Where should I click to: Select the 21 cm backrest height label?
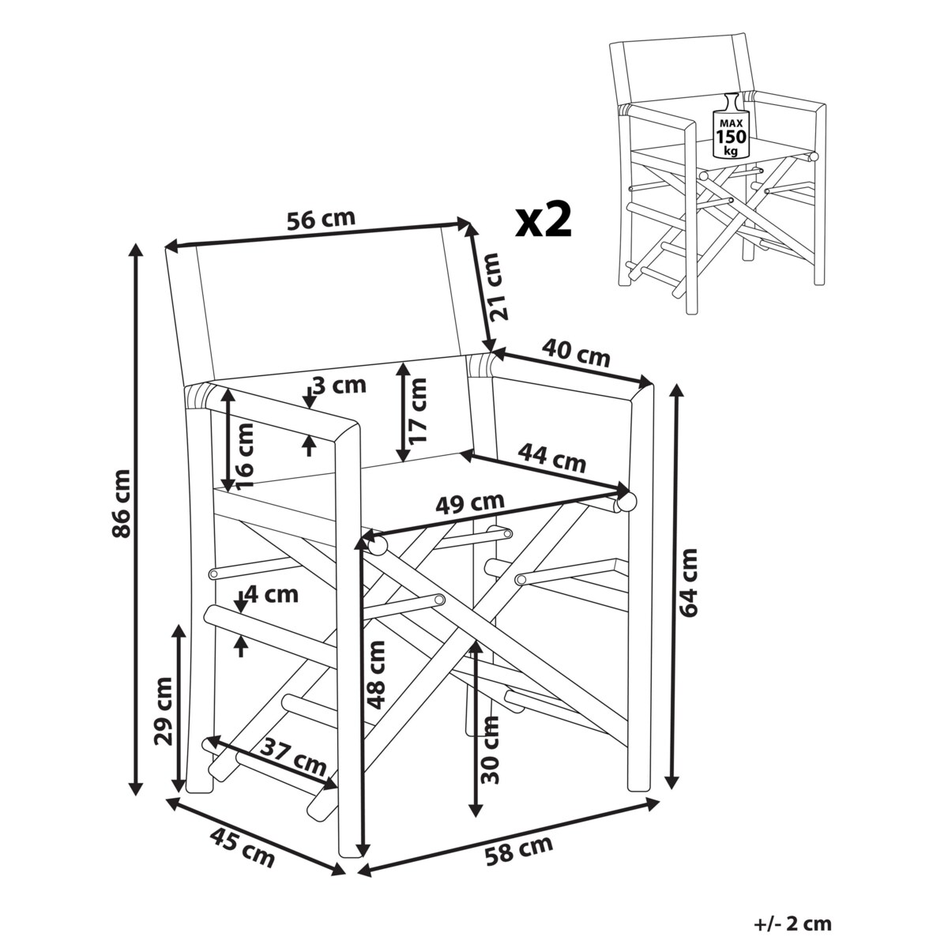click(x=495, y=286)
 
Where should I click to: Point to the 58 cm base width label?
click(x=520, y=849)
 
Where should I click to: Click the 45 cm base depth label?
click(x=243, y=847)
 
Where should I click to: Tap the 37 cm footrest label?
click(x=294, y=755)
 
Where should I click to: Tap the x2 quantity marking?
click(x=543, y=220)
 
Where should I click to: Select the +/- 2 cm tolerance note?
click(x=792, y=924)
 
